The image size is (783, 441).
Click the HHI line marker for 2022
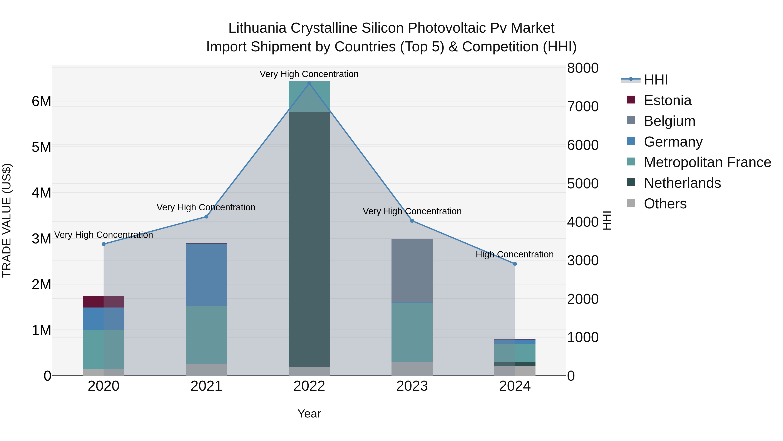[x=309, y=83]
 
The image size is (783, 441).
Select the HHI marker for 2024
[x=515, y=264]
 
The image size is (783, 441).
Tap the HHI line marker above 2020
[x=104, y=244]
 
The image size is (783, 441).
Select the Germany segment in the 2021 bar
[x=206, y=275]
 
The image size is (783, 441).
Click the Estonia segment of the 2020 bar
[x=104, y=302]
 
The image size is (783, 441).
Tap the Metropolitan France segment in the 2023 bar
[x=412, y=332]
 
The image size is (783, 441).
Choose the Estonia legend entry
[x=667, y=100]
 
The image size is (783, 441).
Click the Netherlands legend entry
[x=682, y=183]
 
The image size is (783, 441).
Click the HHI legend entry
[x=656, y=80]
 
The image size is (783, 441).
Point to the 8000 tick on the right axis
[x=582, y=68]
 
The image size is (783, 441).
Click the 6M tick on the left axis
[x=41, y=101]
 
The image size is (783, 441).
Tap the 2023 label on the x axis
[x=412, y=386]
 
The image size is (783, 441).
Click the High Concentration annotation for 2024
[x=514, y=254]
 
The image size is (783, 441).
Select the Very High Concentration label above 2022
[x=309, y=74]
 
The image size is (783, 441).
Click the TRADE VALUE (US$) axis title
[x=7, y=220]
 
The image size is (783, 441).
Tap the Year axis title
[x=309, y=414]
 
